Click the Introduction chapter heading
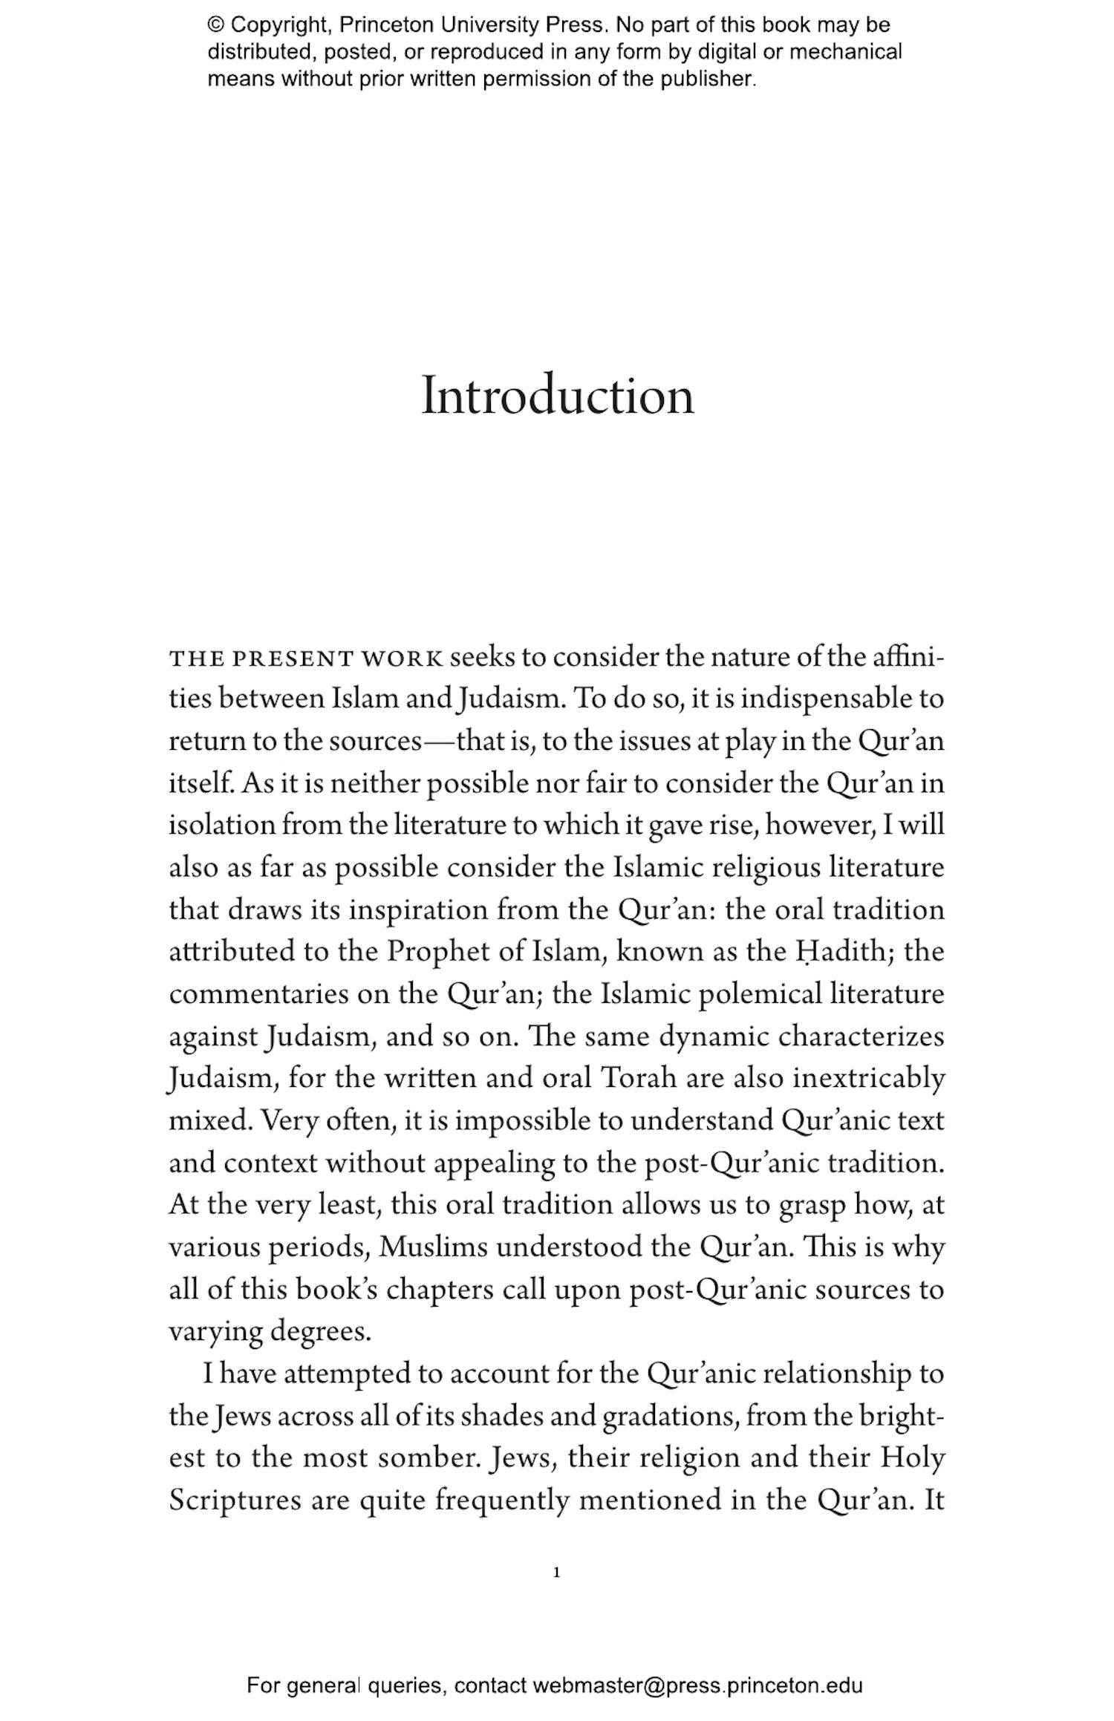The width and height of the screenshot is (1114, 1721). point(557,396)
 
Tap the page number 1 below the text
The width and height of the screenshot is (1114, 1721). point(556,1572)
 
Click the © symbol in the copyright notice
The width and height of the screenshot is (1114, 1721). point(216,25)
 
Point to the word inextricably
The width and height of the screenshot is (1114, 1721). point(869,1078)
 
